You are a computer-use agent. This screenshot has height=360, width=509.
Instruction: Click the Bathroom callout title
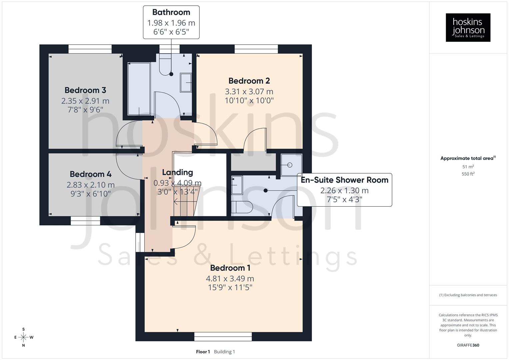[x=171, y=12]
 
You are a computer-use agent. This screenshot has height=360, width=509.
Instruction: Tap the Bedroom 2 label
[x=249, y=81]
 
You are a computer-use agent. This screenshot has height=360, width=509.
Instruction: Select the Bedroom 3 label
[x=85, y=90]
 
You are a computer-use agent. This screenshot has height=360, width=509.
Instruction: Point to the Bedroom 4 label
[x=91, y=174]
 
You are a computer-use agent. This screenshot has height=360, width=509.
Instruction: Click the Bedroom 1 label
[x=230, y=268]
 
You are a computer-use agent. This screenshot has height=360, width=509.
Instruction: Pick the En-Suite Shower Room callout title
[x=344, y=180]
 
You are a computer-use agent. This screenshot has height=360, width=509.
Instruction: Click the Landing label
[x=177, y=172]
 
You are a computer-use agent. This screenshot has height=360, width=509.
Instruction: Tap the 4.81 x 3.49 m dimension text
[x=230, y=278]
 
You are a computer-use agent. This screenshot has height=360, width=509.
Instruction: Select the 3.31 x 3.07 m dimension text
[x=249, y=91]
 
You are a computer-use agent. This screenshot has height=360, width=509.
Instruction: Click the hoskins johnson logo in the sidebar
[x=468, y=28]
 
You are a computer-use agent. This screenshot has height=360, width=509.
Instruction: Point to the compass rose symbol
[x=23, y=337]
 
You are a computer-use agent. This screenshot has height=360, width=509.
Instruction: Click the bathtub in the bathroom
[x=139, y=88]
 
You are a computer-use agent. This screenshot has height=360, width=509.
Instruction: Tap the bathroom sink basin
[x=186, y=82]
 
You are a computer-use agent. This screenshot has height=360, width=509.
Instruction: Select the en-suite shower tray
[x=291, y=165]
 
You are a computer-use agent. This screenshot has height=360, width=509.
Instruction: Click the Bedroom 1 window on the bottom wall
[x=223, y=337]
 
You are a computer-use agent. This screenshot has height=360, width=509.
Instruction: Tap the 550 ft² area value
[x=468, y=174]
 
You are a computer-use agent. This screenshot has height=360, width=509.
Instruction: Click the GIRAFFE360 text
[x=468, y=345]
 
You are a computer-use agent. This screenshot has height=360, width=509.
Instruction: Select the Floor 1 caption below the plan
[x=203, y=352]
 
